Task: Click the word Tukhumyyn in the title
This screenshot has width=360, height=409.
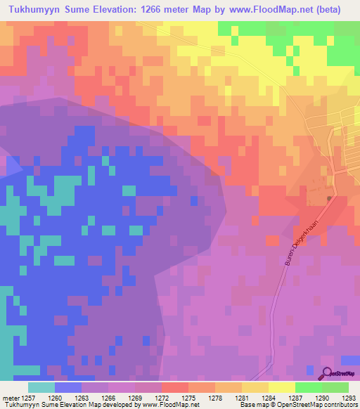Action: point(36,11)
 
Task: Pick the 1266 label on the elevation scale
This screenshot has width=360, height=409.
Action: point(108,397)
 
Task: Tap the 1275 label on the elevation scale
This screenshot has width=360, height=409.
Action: point(187,397)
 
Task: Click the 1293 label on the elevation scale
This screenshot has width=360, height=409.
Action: point(348,397)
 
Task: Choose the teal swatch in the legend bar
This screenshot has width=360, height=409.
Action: point(41,387)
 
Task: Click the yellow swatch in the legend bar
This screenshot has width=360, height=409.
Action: point(281,387)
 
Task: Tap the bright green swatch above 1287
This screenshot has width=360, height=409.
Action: point(308,387)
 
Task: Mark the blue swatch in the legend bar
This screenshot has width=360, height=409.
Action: point(68,387)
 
